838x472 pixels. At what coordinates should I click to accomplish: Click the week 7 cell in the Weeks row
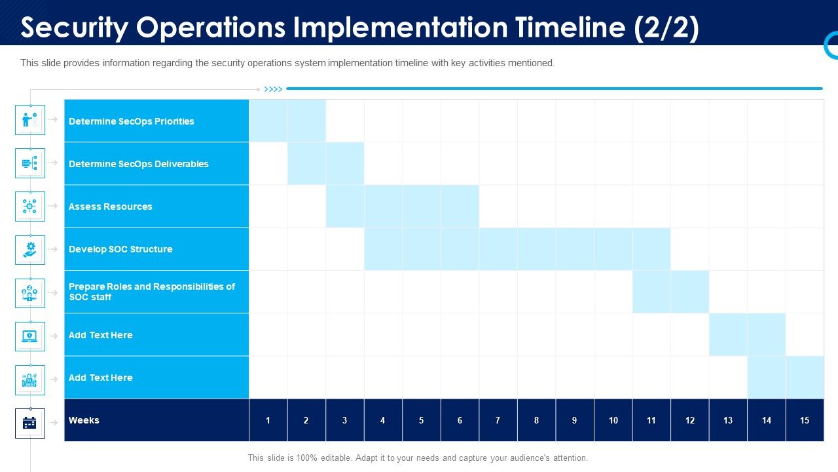(x=498, y=420)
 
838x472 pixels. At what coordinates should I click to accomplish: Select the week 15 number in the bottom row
(x=805, y=420)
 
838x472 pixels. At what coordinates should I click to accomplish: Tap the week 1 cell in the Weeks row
(x=268, y=420)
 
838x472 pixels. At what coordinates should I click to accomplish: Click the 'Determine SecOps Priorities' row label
(x=131, y=121)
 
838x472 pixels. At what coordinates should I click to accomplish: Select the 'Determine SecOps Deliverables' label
(x=138, y=164)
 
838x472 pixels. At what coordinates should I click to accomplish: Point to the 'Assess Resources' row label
(x=110, y=206)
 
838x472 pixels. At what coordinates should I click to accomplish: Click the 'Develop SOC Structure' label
(x=120, y=249)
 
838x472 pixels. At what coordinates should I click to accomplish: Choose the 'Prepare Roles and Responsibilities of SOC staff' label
(x=151, y=292)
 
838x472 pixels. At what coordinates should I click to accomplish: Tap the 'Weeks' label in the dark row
(x=84, y=420)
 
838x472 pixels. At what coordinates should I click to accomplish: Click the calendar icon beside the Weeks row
(x=30, y=423)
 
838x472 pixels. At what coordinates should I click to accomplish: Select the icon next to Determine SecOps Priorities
(x=30, y=119)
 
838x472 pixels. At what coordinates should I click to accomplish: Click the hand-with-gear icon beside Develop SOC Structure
(x=30, y=250)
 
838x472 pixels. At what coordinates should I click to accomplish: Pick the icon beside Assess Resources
(x=30, y=206)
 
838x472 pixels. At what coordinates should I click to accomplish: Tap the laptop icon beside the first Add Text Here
(x=30, y=336)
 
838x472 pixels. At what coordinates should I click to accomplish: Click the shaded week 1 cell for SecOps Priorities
(x=268, y=121)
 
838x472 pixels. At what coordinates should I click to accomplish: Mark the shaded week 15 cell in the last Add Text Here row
(x=805, y=378)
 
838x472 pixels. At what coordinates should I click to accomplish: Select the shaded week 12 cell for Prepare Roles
(x=689, y=292)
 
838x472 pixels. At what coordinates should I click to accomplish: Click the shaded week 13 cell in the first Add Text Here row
(x=728, y=334)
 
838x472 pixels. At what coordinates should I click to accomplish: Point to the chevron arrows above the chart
(x=273, y=89)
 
